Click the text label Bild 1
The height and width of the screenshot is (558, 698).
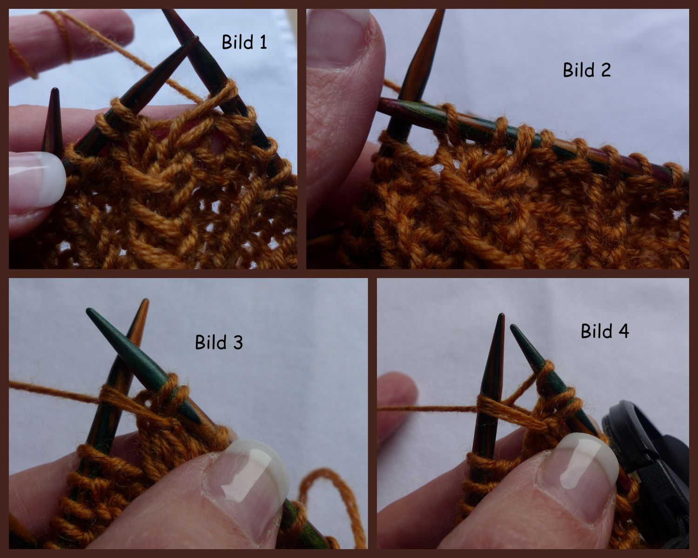[x=244, y=42]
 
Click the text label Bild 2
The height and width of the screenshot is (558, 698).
[x=586, y=70]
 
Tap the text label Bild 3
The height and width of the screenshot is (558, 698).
[x=219, y=342]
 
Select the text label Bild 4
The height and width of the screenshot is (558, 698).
[x=604, y=332]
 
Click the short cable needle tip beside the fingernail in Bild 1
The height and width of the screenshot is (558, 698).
[x=54, y=116]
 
